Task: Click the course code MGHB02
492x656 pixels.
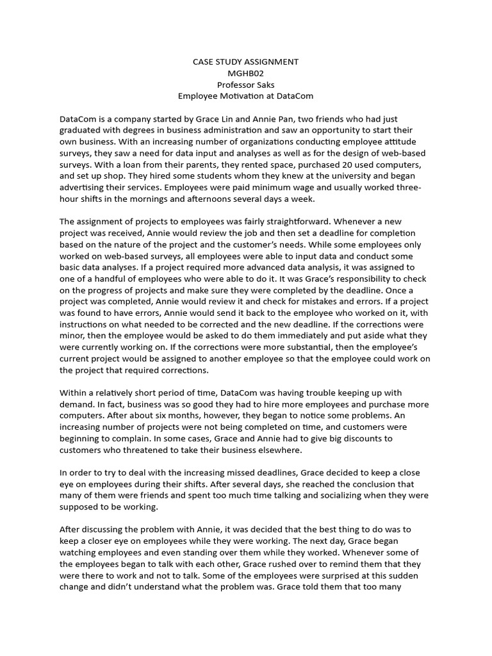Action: click(x=245, y=74)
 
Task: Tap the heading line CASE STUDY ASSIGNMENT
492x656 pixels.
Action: click(x=245, y=62)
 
